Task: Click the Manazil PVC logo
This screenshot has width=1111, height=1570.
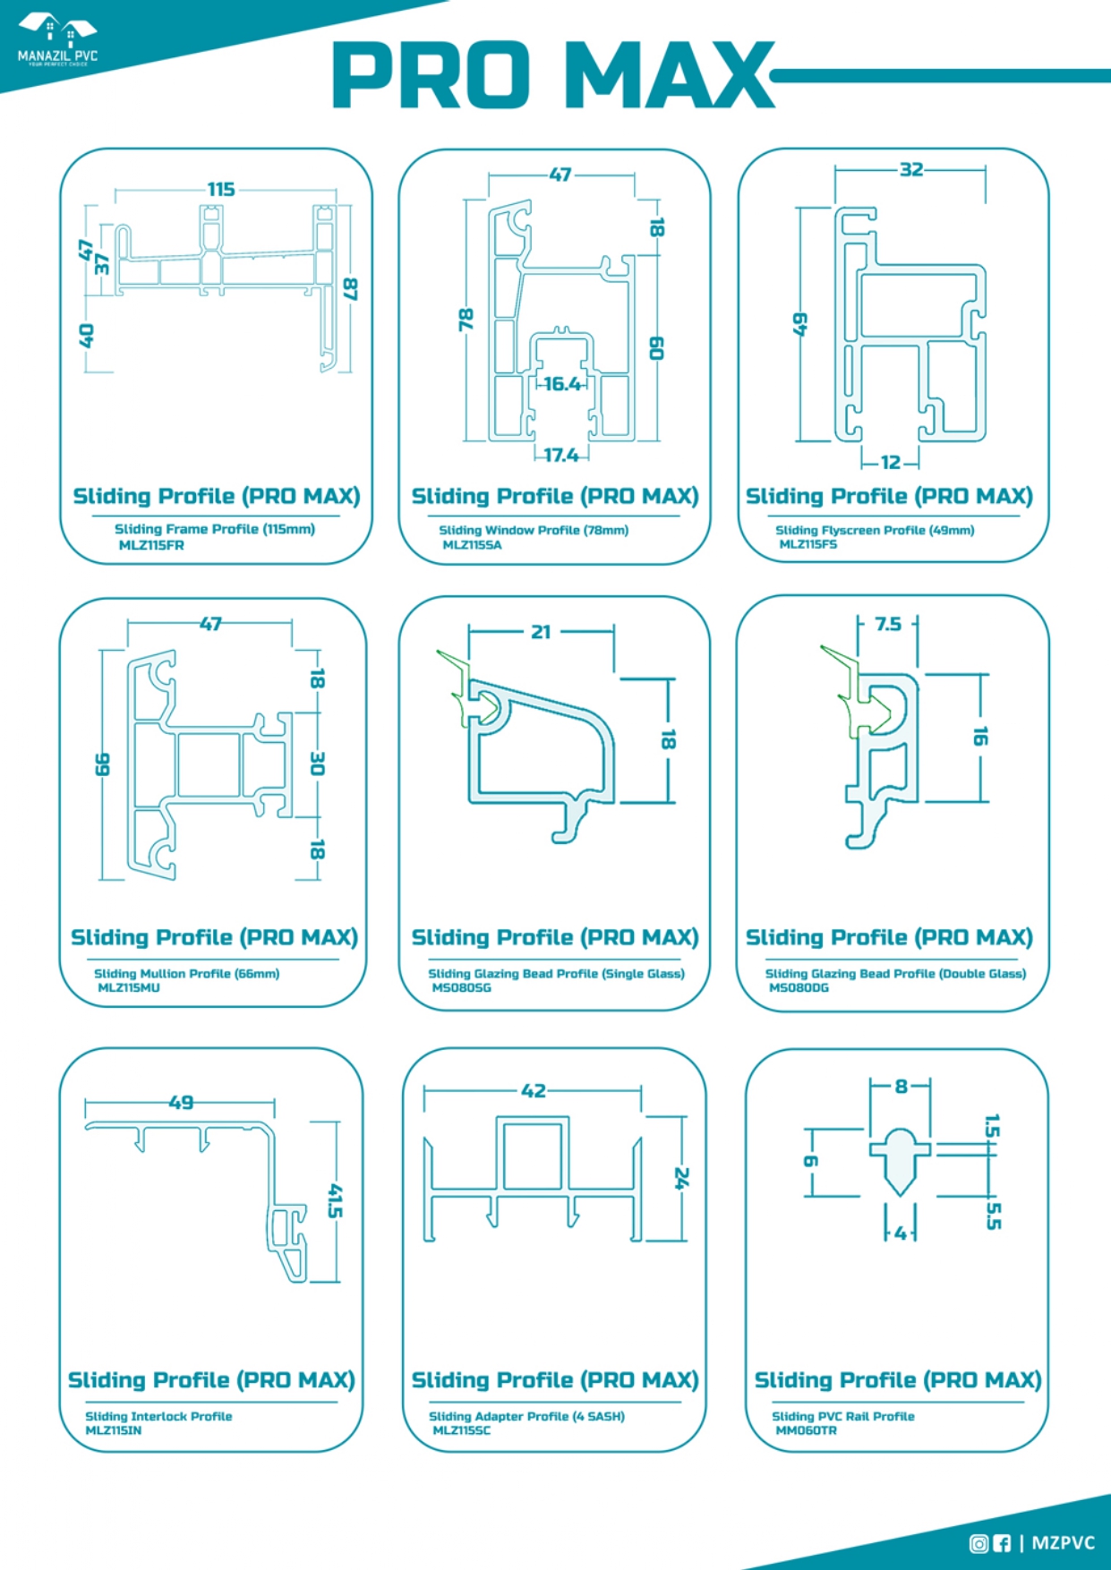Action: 57,40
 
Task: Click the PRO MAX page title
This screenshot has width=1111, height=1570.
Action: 553,75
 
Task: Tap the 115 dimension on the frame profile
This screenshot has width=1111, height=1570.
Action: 221,189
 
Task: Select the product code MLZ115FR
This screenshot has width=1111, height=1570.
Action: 151,545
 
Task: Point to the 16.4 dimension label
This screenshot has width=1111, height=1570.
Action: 562,384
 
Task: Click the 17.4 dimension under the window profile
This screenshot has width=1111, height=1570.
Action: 561,455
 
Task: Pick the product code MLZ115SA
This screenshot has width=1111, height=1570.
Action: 472,545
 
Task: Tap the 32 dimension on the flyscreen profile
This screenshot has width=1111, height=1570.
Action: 911,169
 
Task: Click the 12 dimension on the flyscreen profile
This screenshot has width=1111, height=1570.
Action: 891,462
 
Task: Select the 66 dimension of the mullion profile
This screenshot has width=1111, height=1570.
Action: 102,764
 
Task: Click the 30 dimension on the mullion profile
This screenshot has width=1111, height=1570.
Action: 317,764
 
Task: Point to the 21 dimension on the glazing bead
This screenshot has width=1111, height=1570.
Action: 541,632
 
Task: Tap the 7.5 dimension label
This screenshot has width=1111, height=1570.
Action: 888,624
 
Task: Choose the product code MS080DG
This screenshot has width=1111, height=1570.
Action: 799,988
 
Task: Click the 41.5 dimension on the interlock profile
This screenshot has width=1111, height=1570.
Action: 335,1200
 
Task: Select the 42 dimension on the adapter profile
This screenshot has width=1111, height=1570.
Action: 534,1090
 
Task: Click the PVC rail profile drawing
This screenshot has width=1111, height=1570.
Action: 900,1160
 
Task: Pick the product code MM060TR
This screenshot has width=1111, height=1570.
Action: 806,1430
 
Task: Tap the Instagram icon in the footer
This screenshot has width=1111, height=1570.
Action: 979,1543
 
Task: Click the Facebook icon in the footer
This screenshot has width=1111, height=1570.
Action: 1002,1543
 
